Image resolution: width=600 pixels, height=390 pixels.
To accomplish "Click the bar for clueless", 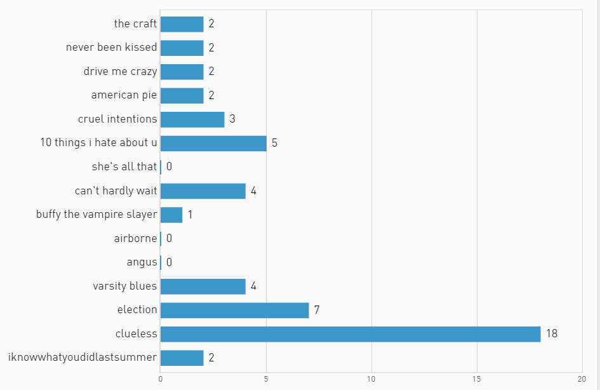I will click(350, 334).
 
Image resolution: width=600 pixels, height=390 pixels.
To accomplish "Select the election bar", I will click(234, 310).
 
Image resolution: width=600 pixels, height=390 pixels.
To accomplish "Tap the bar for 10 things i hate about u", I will click(213, 143).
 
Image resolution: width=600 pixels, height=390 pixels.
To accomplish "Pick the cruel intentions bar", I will click(192, 119).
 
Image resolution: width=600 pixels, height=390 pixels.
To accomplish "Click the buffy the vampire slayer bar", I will click(171, 215).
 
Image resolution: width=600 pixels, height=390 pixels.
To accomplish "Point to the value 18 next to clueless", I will click(551, 333).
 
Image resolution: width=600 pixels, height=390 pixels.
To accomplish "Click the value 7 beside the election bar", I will click(316, 310).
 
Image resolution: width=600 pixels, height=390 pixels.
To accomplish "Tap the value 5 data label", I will click(274, 143).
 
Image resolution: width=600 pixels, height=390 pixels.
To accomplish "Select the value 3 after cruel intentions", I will click(232, 119).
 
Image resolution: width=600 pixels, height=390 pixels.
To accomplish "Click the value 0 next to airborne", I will click(169, 238).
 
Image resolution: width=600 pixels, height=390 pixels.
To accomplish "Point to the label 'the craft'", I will click(135, 24).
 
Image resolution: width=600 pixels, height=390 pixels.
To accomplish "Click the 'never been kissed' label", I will click(111, 48).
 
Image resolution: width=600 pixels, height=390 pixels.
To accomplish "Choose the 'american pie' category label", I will click(124, 95).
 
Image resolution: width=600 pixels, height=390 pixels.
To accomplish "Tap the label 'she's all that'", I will click(124, 166).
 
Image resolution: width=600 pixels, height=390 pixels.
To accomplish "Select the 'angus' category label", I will click(142, 262).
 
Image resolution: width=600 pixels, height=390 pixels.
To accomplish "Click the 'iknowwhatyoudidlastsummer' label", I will click(83, 357).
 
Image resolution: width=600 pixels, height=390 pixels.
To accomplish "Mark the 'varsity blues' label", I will click(124, 286).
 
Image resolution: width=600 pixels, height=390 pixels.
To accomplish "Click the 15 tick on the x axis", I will click(476, 379).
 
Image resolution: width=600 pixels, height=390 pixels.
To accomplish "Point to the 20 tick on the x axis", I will click(582, 379).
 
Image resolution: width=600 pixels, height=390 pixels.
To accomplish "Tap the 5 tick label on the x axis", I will click(266, 379).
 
